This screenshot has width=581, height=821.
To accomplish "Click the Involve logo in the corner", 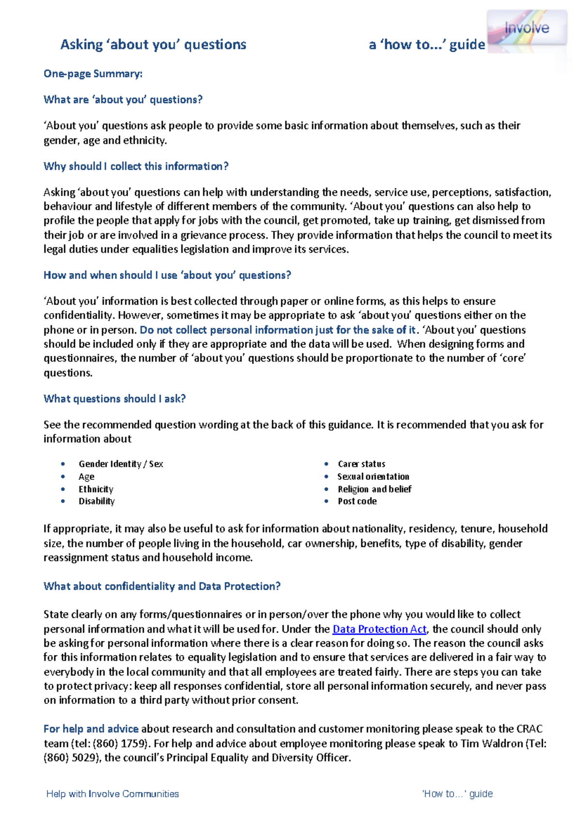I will click(x=527, y=29).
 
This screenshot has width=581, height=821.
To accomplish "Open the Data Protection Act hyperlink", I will click(x=379, y=629).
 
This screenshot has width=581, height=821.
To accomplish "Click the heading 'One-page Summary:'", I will click(x=93, y=74).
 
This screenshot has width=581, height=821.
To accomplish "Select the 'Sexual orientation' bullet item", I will click(x=373, y=476).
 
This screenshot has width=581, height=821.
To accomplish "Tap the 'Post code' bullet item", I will click(x=357, y=501).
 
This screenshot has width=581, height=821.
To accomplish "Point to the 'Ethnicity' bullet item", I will click(x=96, y=489).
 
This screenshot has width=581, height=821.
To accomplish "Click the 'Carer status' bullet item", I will click(x=361, y=464).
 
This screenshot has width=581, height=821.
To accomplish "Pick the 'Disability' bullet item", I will click(x=97, y=501).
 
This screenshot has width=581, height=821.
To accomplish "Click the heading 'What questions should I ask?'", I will click(x=115, y=398).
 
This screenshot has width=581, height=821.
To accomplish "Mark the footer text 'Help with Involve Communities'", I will click(x=112, y=794).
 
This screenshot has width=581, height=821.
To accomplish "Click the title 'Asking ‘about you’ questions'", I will click(x=153, y=45).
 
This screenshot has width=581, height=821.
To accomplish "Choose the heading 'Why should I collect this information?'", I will click(x=136, y=166).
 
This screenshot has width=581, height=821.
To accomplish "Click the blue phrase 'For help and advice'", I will click(x=91, y=729).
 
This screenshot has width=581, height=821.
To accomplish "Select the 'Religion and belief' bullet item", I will click(x=374, y=489).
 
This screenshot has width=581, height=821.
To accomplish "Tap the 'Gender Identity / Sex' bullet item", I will click(x=121, y=464).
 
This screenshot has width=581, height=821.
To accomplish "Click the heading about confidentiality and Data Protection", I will click(x=162, y=586).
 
